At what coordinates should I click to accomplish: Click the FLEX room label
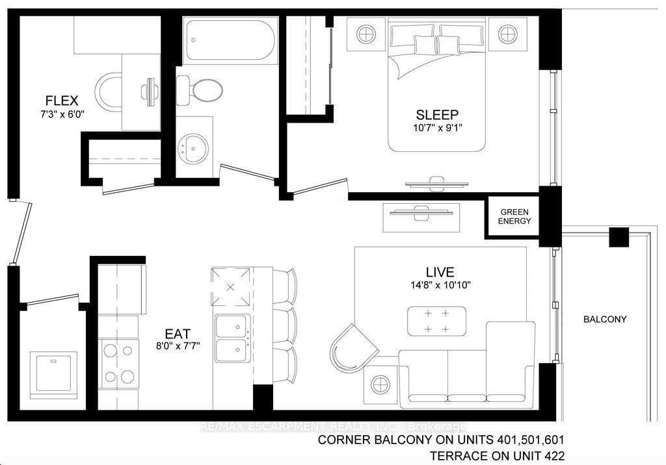coord(62,101)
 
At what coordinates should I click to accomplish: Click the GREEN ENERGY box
coord(515,217)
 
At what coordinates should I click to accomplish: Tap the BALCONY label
coord(604,320)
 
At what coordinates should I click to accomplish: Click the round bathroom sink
coord(193,149)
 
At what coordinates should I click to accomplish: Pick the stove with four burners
coord(118,362)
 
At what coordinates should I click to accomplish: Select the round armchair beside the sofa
coord(353,345)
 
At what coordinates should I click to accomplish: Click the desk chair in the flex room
coord(109,91)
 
